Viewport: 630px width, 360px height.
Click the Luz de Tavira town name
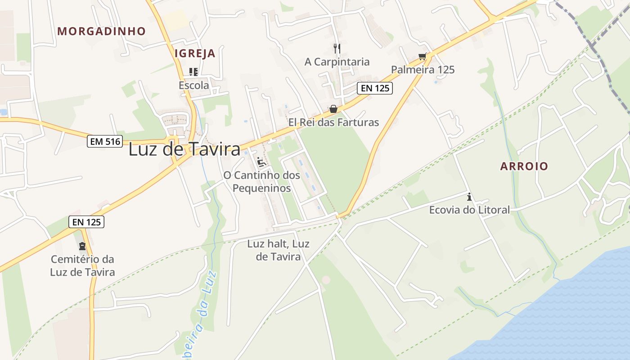coord(184,149)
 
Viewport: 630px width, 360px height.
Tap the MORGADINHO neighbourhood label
coord(102,31)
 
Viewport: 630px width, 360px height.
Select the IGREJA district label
coord(195,54)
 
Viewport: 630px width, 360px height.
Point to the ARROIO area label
coord(524,166)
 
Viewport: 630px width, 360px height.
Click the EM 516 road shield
coord(105,141)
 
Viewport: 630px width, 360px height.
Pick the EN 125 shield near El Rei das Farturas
coord(375,88)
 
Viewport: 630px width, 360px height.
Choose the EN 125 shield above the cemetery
coord(86,221)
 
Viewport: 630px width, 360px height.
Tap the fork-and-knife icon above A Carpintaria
coord(337,48)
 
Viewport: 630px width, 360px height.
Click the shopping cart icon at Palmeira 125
coord(422,56)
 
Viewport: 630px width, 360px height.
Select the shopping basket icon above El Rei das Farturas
coord(333,109)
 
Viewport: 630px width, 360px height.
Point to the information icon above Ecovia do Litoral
coord(469,197)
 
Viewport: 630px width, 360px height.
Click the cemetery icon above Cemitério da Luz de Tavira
coord(82,246)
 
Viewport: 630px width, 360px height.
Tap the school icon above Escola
coord(193,72)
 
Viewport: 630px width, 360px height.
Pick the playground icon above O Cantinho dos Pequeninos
coord(261,162)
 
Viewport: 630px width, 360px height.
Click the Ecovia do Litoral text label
coord(469,210)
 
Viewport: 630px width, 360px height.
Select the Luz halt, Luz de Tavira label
coord(278,250)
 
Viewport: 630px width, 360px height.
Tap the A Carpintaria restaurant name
coord(337,62)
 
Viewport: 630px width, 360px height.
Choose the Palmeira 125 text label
coord(423,70)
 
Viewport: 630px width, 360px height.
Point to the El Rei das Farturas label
coord(333,122)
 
